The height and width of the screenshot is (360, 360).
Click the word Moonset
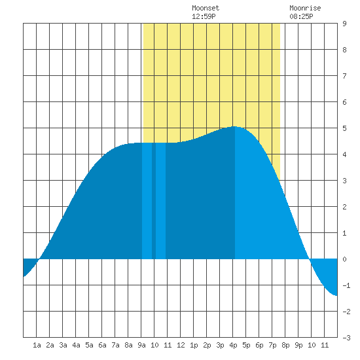click(206, 9)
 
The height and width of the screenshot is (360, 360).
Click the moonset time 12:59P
click(204, 16)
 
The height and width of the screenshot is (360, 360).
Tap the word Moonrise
click(305, 9)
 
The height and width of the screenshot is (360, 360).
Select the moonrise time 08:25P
click(301, 16)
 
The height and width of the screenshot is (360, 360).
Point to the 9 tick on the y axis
click(344, 24)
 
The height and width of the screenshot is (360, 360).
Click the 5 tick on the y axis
click(344, 128)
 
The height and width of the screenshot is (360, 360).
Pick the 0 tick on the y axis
click(344, 259)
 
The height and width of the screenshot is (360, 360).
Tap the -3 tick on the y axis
click(346, 338)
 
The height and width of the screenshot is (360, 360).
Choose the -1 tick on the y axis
click(346, 285)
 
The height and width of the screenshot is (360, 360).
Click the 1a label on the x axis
click(37, 345)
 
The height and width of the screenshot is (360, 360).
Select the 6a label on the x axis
click(102, 345)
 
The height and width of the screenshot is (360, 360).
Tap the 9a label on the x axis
click(141, 345)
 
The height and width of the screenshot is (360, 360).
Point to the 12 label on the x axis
click(181, 345)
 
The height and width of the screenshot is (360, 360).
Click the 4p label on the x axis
click(233, 345)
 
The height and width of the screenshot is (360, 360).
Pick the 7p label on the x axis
click(272, 345)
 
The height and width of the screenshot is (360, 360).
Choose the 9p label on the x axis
click(298, 345)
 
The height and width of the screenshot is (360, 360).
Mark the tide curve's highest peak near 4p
click(234, 126)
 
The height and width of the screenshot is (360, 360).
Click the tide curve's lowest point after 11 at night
click(336, 296)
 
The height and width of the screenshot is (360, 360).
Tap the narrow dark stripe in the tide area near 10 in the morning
click(154, 201)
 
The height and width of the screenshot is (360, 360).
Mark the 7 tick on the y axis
click(344, 76)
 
